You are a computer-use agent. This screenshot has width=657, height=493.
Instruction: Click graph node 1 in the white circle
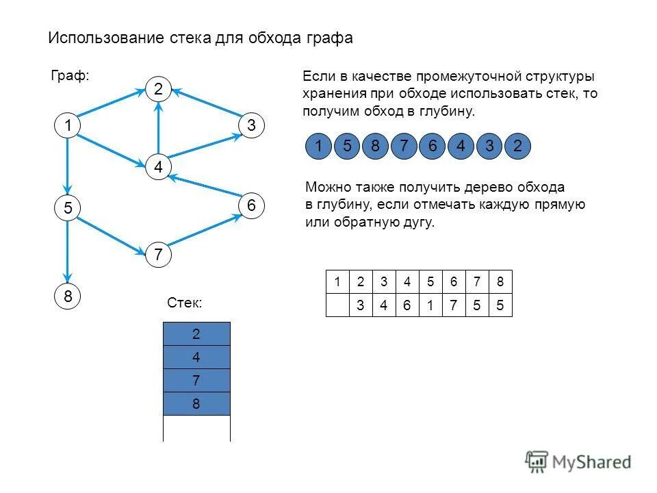[x=67, y=126]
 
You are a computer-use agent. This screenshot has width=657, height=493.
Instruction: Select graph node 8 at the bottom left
[x=67, y=297]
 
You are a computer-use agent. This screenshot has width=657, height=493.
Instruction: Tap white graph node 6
[x=251, y=206]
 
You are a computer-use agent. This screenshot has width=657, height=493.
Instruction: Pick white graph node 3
[x=251, y=125]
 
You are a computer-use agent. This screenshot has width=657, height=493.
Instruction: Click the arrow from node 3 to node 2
[x=205, y=102]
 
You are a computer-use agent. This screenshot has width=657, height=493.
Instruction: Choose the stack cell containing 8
[x=196, y=404]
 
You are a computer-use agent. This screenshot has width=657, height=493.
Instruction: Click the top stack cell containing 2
[x=196, y=334]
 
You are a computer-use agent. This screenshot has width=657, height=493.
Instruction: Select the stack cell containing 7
[x=196, y=381]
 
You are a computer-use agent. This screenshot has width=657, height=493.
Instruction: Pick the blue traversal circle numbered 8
[x=376, y=146]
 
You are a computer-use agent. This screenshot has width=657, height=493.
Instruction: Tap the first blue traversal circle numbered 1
[x=318, y=146]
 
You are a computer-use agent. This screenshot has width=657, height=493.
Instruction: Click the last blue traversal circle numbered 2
[x=518, y=146]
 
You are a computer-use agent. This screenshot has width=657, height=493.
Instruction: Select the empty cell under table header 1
[x=337, y=305]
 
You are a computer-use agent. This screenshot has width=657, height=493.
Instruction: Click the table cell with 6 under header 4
[x=407, y=305]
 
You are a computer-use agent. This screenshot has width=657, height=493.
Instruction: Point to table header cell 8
[x=501, y=282]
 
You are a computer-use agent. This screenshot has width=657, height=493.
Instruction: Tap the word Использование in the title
[x=105, y=38]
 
